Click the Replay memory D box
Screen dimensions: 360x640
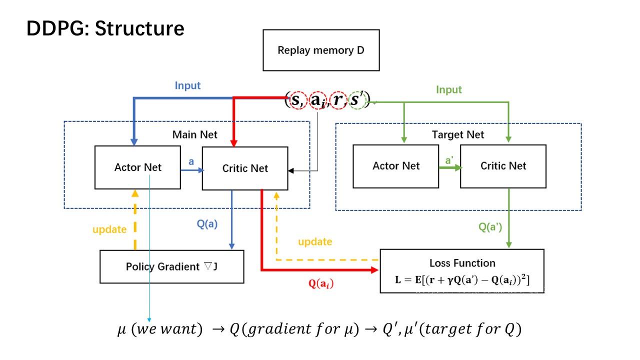(321, 50)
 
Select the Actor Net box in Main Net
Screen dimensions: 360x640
(137, 167)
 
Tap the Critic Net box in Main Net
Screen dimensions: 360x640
(245, 168)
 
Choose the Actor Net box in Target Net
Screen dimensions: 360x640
(396, 166)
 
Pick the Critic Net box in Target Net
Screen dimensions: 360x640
(503, 166)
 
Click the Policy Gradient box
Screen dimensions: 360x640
(172, 266)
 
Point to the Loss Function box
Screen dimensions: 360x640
(462, 270)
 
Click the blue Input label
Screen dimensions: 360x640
(187, 85)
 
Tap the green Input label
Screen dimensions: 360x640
(449, 89)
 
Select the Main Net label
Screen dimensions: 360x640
(195, 134)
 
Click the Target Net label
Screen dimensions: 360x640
(458, 134)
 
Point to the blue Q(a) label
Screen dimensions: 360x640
(207, 224)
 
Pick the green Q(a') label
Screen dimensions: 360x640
(490, 227)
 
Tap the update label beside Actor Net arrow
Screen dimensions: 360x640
(109, 229)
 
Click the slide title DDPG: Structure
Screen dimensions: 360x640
(105, 28)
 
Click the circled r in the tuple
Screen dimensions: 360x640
(338, 100)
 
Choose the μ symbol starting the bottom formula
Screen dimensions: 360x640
(121, 330)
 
